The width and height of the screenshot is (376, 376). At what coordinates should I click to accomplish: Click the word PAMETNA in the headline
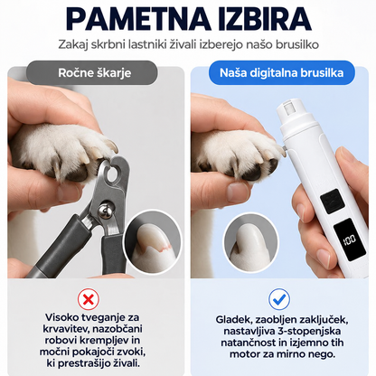138,19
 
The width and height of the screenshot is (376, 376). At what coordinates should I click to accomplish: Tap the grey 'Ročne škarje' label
92,72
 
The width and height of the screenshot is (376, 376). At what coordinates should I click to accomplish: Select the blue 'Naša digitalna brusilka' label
281,72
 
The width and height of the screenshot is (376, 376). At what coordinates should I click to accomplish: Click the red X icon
89,299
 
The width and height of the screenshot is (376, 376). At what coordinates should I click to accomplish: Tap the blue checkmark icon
279,299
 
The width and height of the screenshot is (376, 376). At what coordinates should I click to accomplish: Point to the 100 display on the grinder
350,240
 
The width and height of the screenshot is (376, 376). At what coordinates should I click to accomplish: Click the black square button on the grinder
333,201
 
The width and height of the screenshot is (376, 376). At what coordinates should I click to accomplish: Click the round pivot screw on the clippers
105,210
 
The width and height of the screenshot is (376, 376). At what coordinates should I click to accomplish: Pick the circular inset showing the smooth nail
250,242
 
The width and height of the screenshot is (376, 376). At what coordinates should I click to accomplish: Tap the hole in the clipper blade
113,174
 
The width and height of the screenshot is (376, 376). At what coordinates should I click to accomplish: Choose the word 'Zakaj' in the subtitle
69,45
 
